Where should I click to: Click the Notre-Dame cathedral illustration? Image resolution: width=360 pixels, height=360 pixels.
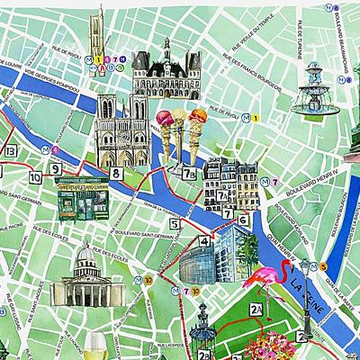tap(121, 130)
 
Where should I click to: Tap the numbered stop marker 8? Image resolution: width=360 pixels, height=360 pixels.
tap(115, 173)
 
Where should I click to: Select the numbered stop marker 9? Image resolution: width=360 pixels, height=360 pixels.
tap(55, 168)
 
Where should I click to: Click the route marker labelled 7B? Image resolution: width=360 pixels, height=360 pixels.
tap(189, 175)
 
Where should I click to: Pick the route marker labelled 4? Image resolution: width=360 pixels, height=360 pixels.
tap(205, 241)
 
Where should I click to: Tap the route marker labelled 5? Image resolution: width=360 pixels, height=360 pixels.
tap(173, 223)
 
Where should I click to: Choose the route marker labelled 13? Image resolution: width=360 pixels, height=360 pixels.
tap(10, 150)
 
